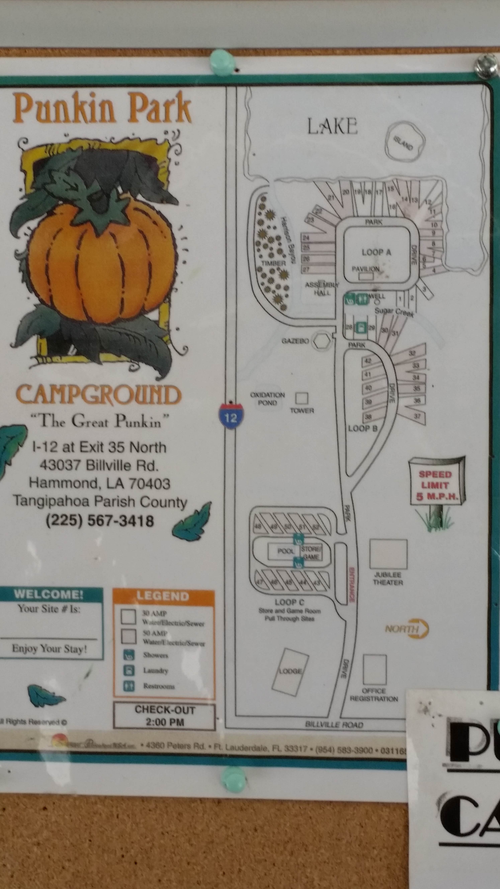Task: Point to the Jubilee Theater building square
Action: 388,554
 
